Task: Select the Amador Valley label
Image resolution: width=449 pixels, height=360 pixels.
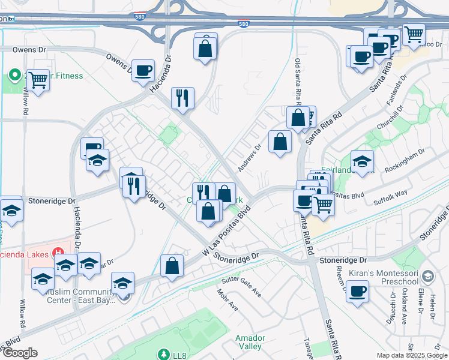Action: point(250,342)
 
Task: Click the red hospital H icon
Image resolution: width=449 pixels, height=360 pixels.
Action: point(59,251)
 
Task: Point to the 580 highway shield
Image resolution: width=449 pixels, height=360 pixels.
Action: point(243,24)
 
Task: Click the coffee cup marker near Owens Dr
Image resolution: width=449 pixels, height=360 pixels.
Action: point(143,70)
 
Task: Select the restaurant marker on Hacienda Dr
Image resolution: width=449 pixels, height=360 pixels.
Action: point(182,97)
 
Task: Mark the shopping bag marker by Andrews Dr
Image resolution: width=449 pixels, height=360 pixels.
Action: point(280,142)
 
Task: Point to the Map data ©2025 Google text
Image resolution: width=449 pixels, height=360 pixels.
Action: point(411,355)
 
